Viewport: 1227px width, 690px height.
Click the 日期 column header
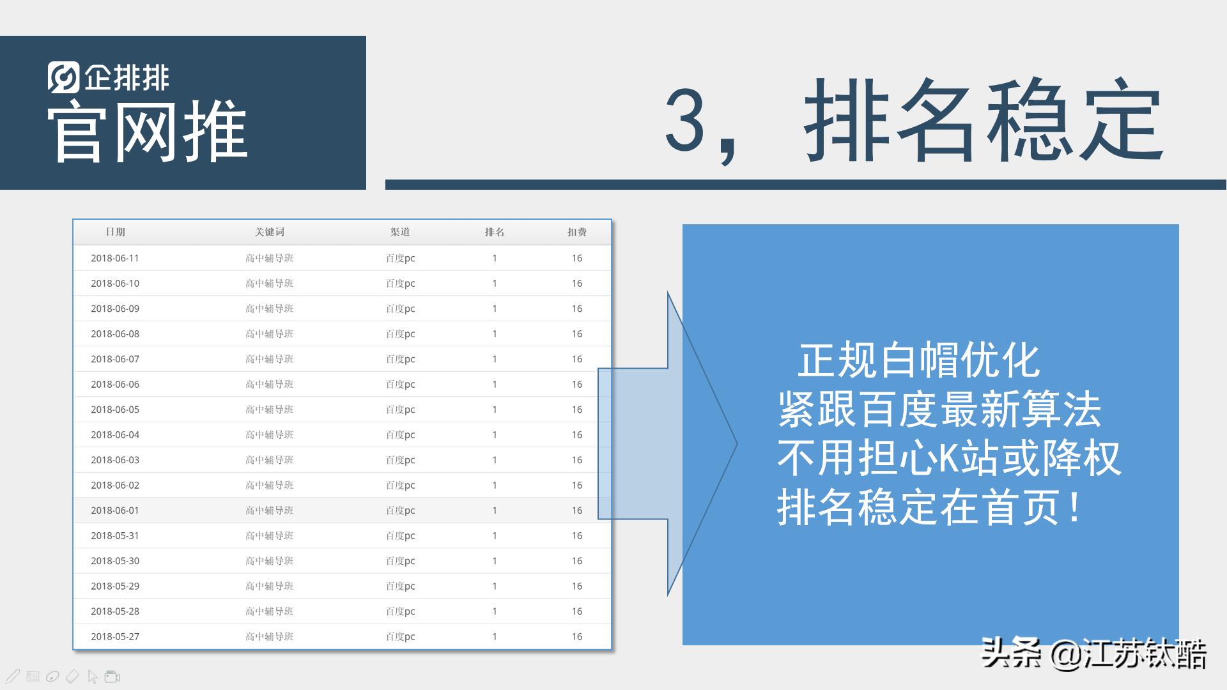click(115, 232)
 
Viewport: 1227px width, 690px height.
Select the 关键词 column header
click(269, 232)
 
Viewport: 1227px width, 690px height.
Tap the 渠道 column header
click(400, 232)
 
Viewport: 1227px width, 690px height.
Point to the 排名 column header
click(495, 232)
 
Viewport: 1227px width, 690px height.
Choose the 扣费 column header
click(576, 232)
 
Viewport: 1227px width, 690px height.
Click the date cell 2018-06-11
click(115, 258)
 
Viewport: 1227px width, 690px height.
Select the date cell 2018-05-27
click(115, 636)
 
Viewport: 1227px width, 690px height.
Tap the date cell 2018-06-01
click(115, 510)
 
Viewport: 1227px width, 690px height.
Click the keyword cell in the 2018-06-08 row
click(269, 333)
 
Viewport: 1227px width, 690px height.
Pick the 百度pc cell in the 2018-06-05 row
click(400, 410)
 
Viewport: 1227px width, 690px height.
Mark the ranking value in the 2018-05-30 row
click(495, 561)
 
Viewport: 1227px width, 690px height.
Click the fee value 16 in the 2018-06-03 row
click(576, 460)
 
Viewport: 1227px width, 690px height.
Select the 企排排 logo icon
click(63, 77)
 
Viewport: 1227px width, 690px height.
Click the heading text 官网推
click(147, 131)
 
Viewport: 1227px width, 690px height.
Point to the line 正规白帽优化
click(918, 361)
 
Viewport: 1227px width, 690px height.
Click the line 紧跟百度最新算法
click(939, 410)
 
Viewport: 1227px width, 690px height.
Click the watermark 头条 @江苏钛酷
click(1093, 654)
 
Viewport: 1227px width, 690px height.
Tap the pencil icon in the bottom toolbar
click(13, 676)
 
